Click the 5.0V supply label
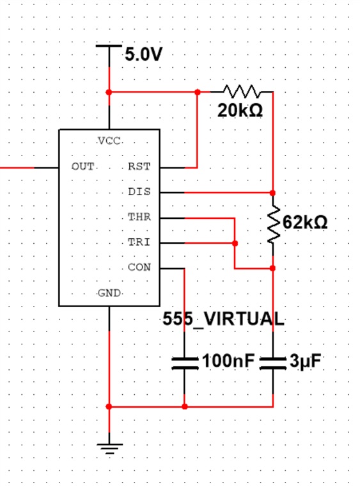click(x=143, y=54)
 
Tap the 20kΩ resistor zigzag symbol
click(x=242, y=92)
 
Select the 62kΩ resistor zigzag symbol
click(x=274, y=224)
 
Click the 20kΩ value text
click(x=240, y=110)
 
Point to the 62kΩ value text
click(x=305, y=222)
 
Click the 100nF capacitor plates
click(x=185, y=363)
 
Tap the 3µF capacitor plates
click(x=273, y=363)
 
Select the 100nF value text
click(x=228, y=361)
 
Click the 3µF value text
click(x=306, y=362)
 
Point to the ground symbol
click(x=109, y=449)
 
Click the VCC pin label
click(x=109, y=141)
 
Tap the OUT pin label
click(x=83, y=167)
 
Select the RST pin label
click(x=139, y=167)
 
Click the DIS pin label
click(x=139, y=191)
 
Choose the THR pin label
click(x=139, y=217)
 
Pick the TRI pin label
click(x=139, y=242)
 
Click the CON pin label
click(x=139, y=267)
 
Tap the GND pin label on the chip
click(x=109, y=293)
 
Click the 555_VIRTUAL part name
click(x=223, y=319)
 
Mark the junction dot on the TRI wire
click(x=235, y=243)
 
